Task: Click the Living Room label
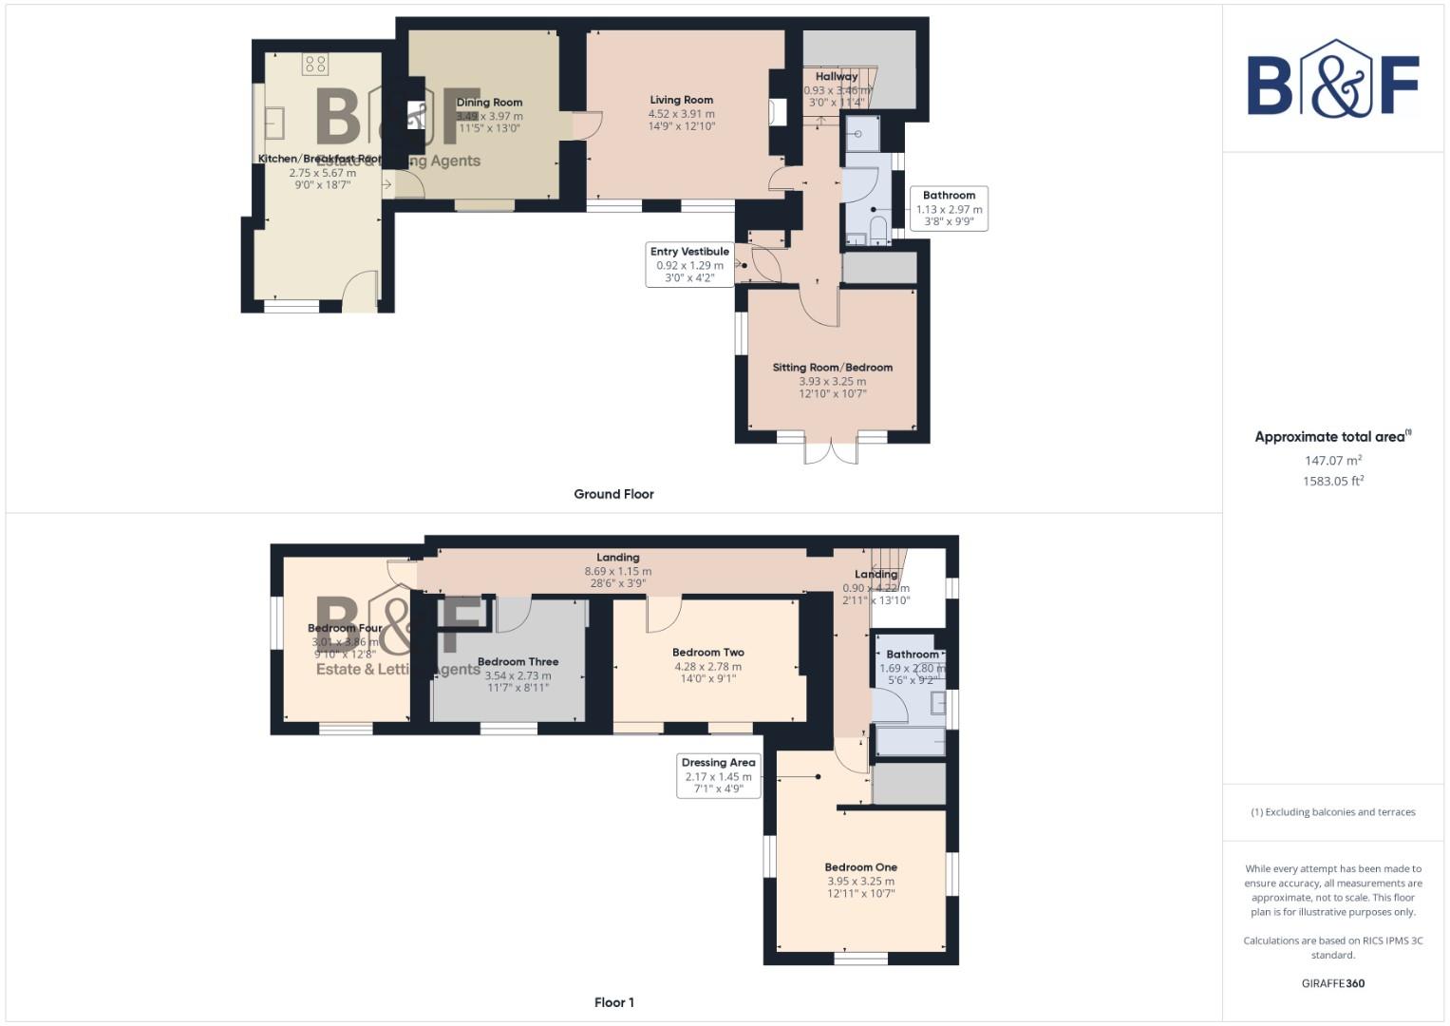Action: click(681, 100)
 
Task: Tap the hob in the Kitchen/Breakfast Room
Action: click(315, 64)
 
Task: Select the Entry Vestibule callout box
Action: click(689, 265)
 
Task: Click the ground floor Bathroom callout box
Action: click(949, 209)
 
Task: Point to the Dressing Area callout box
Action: click(718, 775)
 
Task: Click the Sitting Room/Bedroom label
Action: click(832, 368)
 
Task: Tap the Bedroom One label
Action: click(860, 867)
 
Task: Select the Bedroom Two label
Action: click(707, 653)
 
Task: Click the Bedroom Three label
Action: click(518, 662)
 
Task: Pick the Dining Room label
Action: click(489, 103)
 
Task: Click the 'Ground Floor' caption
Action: click(613, 494)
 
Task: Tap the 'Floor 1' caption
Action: click(613, 1002)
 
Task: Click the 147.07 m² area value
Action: click(1333, 461)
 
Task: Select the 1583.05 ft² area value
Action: click(1333, 482)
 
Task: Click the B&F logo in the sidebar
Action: click(1332, 81)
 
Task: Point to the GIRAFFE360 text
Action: click(1332, 983)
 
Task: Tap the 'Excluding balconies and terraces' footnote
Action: click(1332, 812)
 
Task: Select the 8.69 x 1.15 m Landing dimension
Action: click(617, 572)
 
